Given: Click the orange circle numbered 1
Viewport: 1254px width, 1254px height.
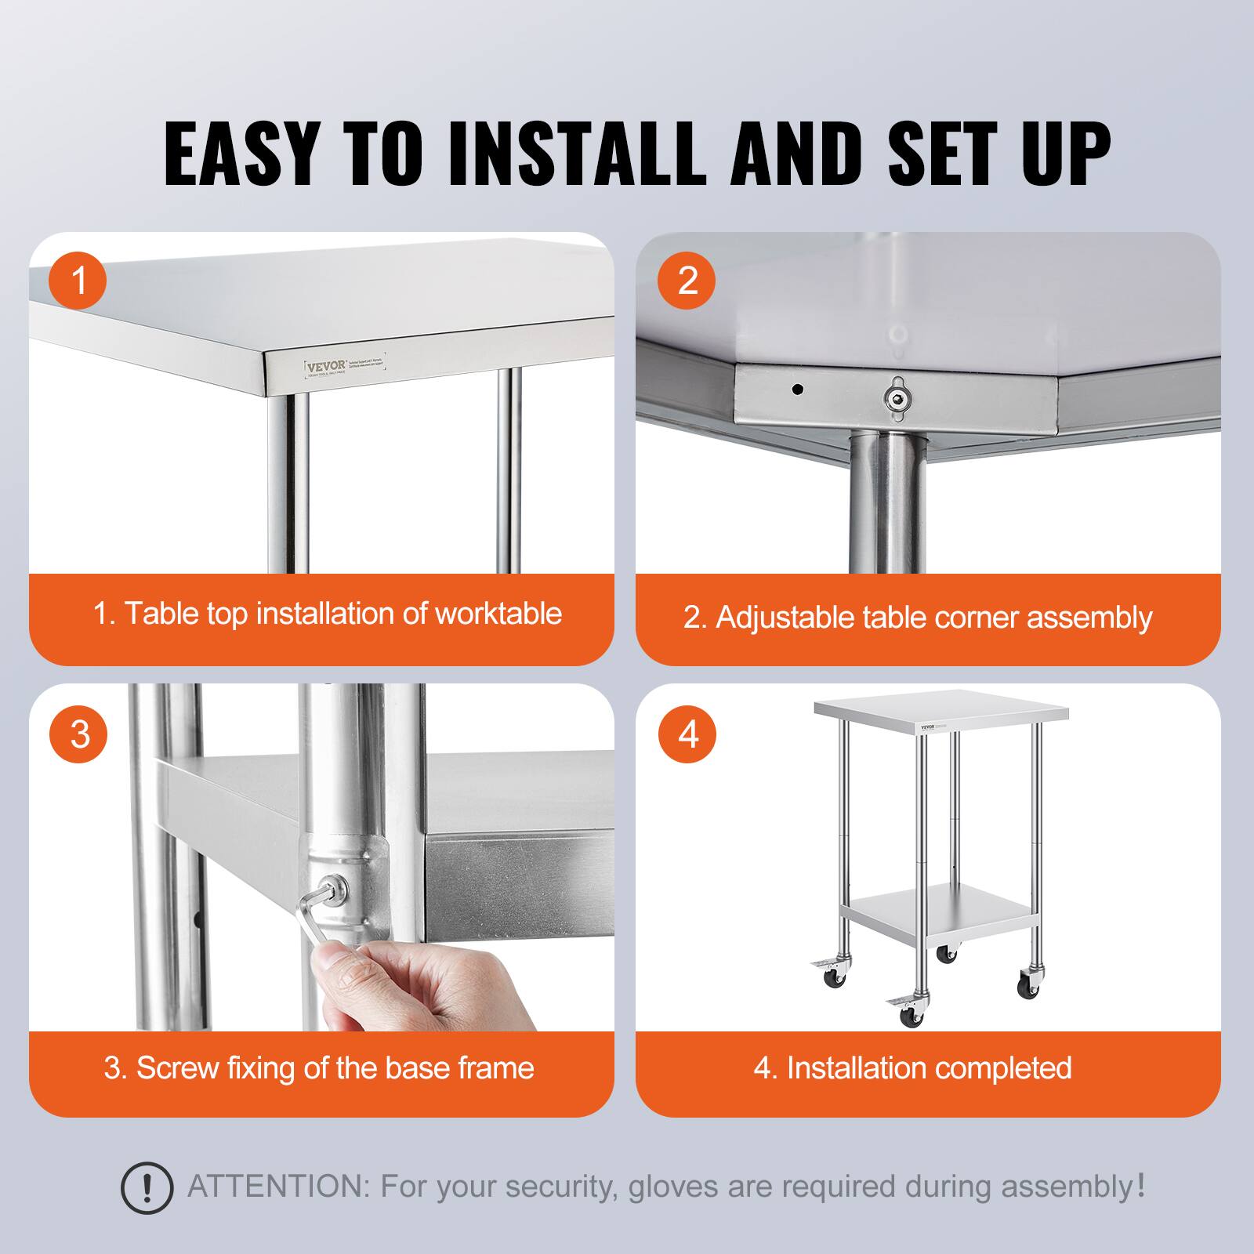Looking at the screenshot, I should (78, 280).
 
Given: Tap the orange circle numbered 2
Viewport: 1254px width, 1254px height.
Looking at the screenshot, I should (687, 280).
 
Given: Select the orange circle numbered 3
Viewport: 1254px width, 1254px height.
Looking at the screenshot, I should (78, 734).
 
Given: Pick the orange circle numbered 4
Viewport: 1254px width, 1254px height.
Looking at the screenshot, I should (687, 734).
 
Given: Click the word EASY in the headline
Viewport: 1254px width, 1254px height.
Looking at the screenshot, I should (241, 153).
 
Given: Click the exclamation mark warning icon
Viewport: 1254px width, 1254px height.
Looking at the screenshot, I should (147, 1188).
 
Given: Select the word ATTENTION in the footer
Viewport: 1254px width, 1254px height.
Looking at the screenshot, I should (277, 1187).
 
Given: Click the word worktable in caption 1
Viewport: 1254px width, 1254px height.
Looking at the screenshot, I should (498, 614).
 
